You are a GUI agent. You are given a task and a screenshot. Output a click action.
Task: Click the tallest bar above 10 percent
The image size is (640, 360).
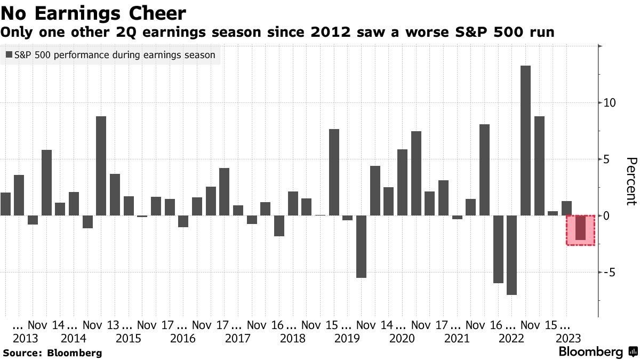(525, 141)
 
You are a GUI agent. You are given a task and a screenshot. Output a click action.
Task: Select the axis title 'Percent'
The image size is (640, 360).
(631, 181)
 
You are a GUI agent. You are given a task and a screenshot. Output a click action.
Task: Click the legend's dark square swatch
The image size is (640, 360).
(9, 54)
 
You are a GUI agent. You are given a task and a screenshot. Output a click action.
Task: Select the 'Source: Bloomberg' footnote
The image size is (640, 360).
(52, 353)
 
